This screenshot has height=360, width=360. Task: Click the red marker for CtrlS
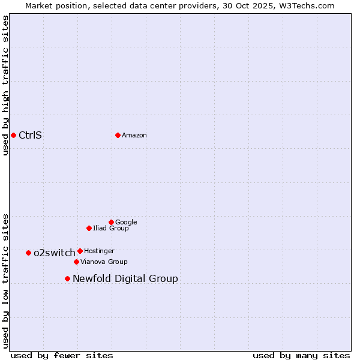tap(13, 135)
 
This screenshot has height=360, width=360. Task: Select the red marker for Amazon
tap(118, 135)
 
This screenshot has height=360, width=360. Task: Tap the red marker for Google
tap(111, 222)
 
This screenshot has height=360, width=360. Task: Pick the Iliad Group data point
tap(89, 228)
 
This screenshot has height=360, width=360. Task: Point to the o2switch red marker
tap(28, 253)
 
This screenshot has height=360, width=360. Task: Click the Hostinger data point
tap(80, 251)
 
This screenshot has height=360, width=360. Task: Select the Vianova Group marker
tap(76, 262)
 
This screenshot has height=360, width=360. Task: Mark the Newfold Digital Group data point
tap(67, 278)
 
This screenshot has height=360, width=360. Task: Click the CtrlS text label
tap(30, 135)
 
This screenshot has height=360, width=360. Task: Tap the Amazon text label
tap(134, 135)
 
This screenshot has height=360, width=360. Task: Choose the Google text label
tap(126, 222)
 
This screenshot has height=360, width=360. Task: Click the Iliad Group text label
tap(111, 228)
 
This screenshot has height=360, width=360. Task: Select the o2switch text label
tap(55, 253)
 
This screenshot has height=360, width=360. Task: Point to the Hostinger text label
tap(99, 251)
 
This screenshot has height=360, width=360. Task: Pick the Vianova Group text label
tap(104, 262)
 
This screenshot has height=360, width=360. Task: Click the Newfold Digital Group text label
tap(125, 278)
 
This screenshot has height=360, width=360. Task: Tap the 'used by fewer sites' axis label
tap(62, 355)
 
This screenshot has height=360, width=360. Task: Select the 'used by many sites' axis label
tap(301, 355)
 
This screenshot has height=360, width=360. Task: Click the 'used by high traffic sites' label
tap(5, 85)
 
